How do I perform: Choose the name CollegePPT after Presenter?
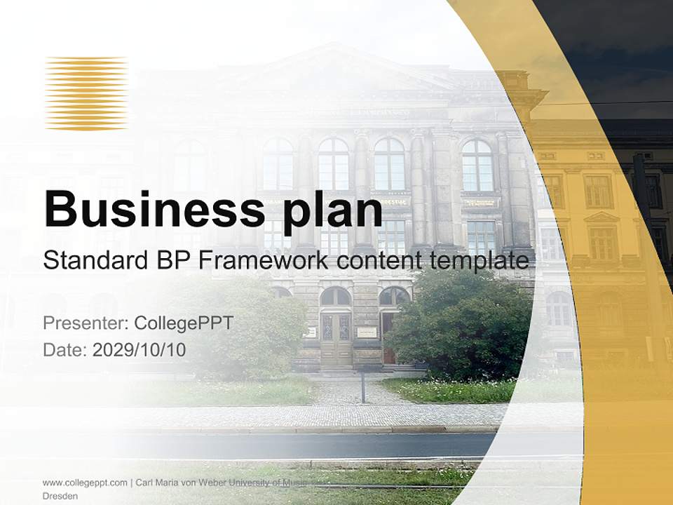183,323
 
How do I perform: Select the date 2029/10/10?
140,349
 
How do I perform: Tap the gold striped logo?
86,93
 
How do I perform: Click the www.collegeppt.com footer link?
85,483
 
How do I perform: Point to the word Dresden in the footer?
60,496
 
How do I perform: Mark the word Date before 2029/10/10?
64,349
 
